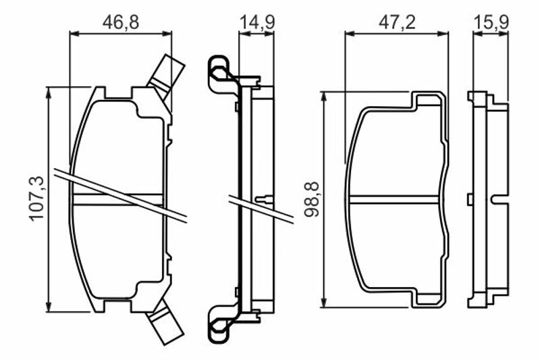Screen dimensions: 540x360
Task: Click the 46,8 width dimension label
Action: pos(121,22)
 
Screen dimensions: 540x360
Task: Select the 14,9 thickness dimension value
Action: pos(257,22)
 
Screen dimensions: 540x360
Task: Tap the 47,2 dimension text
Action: pos(397,22)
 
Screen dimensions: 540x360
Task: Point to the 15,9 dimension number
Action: pos(491,22)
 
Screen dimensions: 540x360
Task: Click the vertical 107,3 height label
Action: pos(37,199)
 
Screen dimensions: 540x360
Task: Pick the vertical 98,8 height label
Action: pos(312,199)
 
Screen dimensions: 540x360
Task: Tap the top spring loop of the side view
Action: pos(218,74)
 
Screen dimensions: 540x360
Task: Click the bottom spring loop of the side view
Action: pos(218,323)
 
